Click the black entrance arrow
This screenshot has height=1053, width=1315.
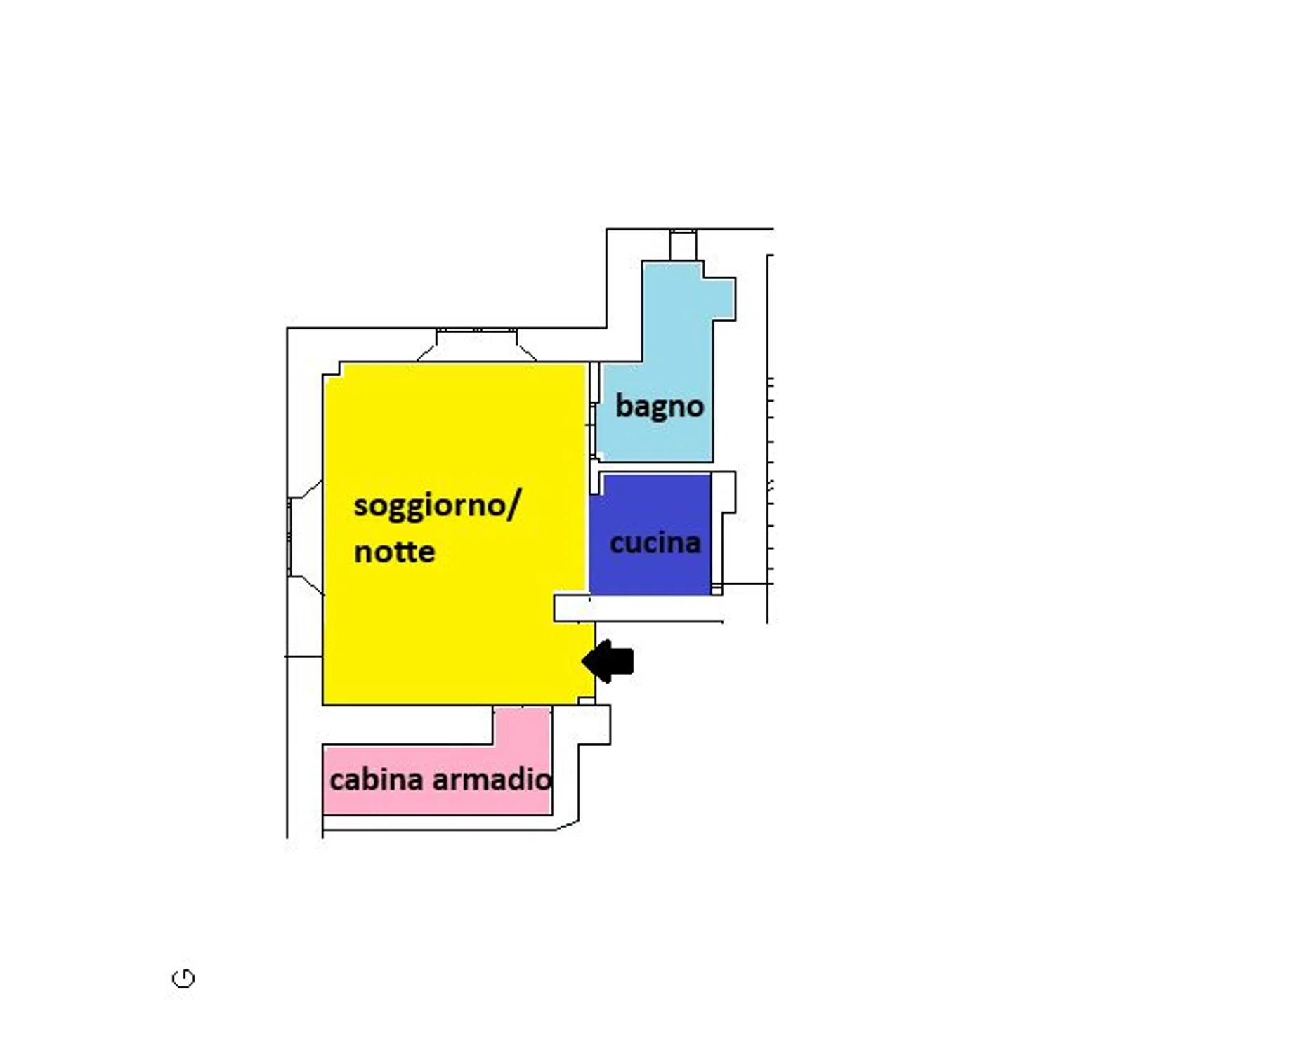pos(608,661)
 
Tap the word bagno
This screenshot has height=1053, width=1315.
pos(660,406)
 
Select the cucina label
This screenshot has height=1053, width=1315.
pos(655,543)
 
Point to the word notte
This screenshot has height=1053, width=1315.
pos(394,552)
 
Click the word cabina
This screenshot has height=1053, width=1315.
pos(376,779)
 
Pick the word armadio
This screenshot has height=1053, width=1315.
pos(492,779)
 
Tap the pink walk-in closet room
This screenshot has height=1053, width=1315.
pos(436,779)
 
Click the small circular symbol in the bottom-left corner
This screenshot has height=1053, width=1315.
pos(183,978)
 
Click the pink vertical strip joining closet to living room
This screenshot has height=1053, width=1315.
pos(523,726)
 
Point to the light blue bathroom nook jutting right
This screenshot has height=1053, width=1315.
pos(724,298)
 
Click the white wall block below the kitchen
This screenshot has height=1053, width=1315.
pos(638,608)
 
